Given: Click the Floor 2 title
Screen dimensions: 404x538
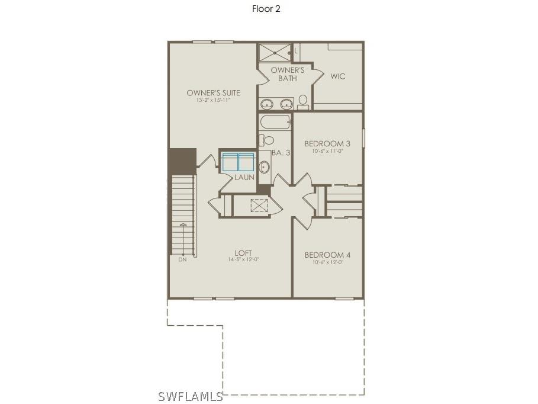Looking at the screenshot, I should click(266, 9).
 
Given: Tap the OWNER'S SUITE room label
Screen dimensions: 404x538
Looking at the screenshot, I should click(213, 93).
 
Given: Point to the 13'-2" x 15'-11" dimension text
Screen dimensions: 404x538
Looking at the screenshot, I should click(213, 101).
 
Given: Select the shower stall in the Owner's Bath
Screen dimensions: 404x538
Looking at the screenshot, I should click(275, 52).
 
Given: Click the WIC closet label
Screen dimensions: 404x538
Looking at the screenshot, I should click(337, 76).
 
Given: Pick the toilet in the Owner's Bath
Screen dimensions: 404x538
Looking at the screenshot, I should click(303, 102).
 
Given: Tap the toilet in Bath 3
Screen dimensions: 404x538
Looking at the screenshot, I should click(268, 140).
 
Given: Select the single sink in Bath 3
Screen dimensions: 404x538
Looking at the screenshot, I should click(264, 166).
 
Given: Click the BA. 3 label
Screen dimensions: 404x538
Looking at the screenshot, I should click(281, 153).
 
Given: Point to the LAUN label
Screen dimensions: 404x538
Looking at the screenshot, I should click(244, 177).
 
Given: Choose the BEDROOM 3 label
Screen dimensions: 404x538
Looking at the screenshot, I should click(327, 143).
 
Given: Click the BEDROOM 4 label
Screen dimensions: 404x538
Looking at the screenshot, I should click(327, 255).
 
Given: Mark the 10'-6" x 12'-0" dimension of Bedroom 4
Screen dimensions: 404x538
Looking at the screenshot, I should click(327, 262).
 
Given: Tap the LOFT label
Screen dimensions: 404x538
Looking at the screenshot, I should click(243, 253).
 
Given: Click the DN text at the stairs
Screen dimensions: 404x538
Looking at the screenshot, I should click(182, 259).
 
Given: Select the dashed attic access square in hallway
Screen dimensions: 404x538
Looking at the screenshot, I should click(259, 205).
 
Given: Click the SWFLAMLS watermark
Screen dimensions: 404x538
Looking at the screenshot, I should click(190, 396).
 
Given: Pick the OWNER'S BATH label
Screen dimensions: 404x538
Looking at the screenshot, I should click(288, 74).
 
